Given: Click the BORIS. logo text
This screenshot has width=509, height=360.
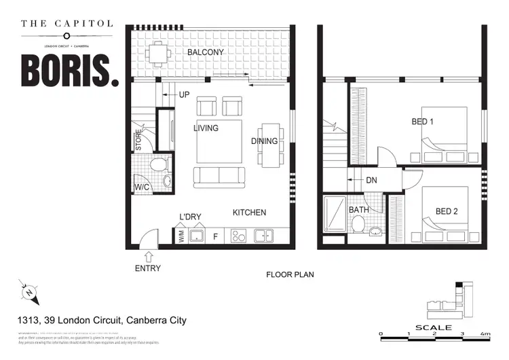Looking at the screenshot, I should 69,70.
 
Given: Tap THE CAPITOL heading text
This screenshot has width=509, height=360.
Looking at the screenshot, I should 67,24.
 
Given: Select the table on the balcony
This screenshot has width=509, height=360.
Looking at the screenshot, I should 158,52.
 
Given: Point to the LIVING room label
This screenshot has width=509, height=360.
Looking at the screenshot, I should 206,128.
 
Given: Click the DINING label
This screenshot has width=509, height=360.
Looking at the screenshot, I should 264,141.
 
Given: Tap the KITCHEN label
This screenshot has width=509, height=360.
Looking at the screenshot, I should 249,213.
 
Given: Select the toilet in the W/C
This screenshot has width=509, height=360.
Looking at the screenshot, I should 157,164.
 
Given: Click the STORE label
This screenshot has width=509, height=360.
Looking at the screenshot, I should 139,140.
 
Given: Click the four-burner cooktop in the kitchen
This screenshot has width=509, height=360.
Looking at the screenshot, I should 238,236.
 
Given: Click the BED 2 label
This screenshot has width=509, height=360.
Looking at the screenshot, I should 446,211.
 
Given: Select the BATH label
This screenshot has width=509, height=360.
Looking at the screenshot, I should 358,210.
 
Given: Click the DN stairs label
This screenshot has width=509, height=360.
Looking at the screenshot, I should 371,181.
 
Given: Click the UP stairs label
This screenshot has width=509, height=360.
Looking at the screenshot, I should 184,94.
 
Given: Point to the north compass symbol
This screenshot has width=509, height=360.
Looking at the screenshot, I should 31,293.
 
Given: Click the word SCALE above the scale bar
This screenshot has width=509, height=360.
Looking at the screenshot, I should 433,327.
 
